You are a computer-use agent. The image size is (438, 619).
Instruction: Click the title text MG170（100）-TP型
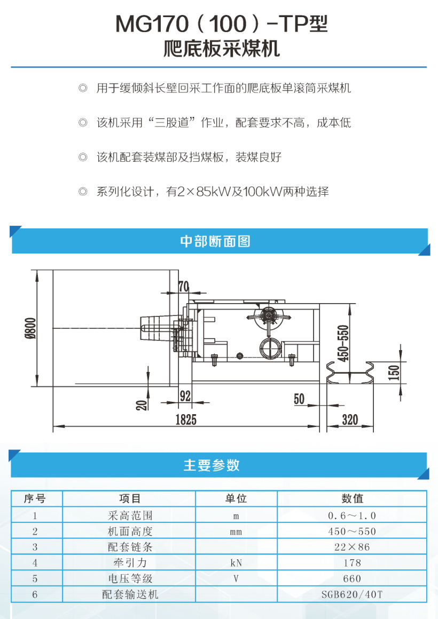click(x=221, y=24)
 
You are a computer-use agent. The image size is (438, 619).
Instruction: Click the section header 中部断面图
click(x=215, y=241)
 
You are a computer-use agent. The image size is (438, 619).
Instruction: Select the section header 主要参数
click(x=212, y=465)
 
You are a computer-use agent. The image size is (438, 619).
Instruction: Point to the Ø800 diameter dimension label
click(x=30, y=329)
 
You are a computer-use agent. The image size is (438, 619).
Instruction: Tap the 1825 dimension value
click(x=186, y=419)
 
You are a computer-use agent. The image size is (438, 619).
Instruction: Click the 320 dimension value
click(x=350, y=419)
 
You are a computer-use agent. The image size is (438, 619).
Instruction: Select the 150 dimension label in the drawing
click(x=394, y=373)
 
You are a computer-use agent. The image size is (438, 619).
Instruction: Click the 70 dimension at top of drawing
click(x=183, y=287)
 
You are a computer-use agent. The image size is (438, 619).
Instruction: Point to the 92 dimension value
click(x=185, y=396)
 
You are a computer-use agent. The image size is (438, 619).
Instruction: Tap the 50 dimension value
click(x=299, y=399)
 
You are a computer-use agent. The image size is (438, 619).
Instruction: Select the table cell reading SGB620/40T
click(x=352, y=594)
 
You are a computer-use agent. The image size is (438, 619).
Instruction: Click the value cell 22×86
click(x=352, y=547)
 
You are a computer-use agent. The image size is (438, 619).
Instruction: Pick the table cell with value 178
click(x=352, y=562)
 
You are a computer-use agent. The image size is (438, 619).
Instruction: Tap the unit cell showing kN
click(x=236, y=562)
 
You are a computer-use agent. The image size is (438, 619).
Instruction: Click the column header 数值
click(x=352, y=498)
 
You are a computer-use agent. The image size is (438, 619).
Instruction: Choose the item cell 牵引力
click(x=130, y=562)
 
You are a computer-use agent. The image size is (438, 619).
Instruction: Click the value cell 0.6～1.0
click(x=352, y=515)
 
